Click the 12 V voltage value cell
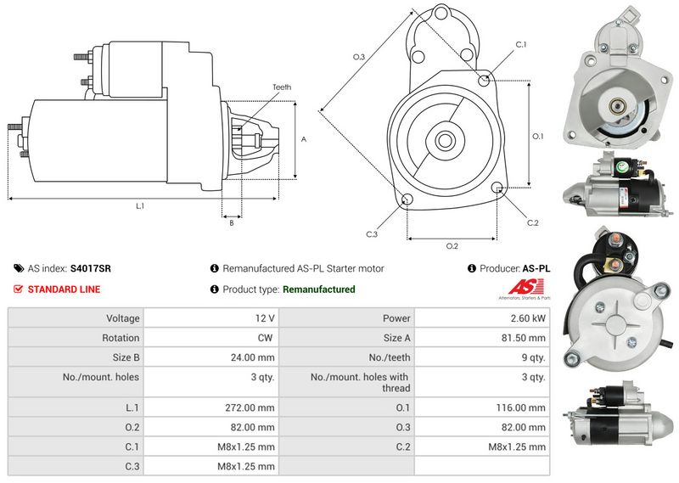point(264,318)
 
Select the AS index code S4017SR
point(90,268)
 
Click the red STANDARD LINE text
point(64,289)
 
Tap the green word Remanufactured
point(318,289)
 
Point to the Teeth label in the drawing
point(282,87)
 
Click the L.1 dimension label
point(140,206)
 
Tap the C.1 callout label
point(521,44)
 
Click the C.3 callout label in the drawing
point(372,233)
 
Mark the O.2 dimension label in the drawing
point(452,246)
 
